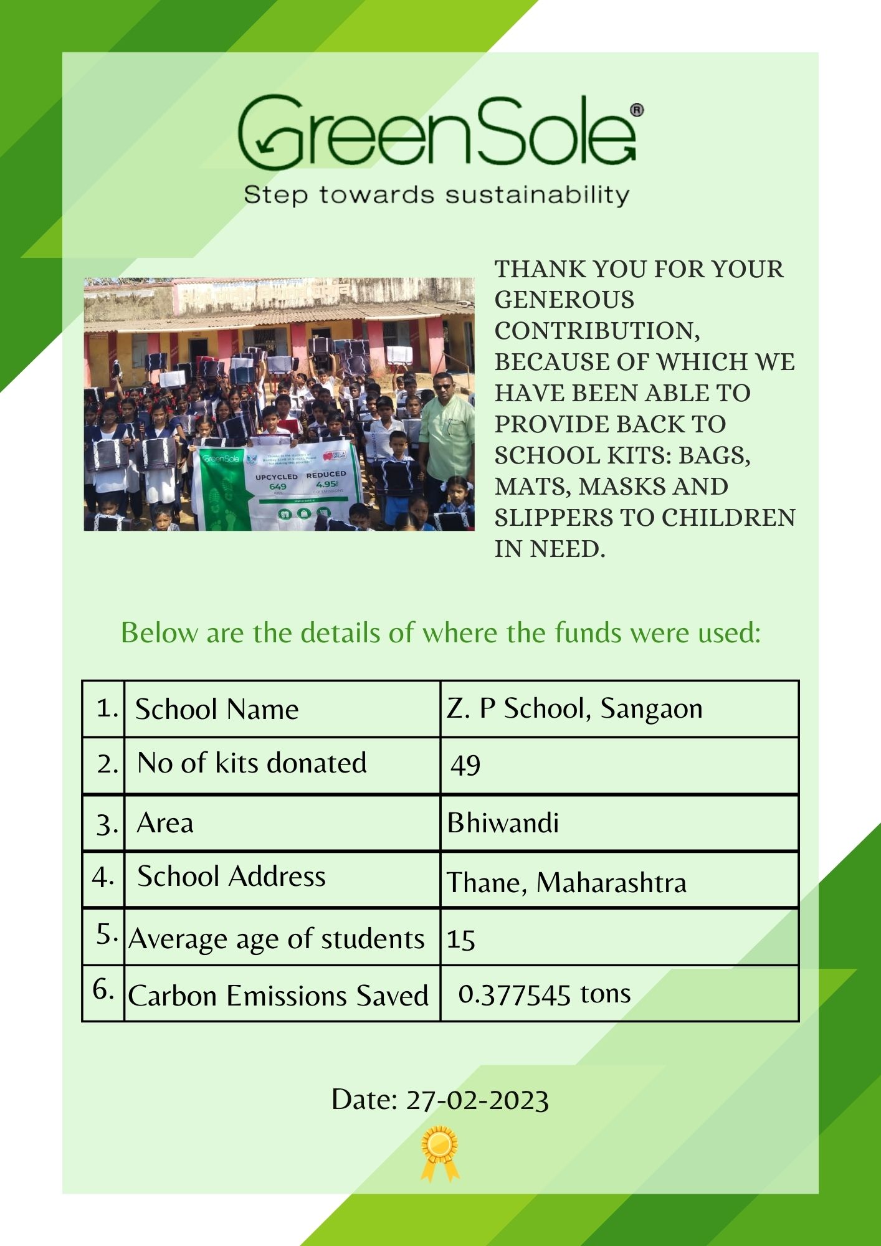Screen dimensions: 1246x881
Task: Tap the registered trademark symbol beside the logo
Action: tap(637, 110)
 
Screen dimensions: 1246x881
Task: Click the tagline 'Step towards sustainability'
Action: tap(436, 195)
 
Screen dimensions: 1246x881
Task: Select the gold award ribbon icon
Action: tap(440, 1153)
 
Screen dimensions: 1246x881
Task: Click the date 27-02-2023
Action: tap(477, 1100)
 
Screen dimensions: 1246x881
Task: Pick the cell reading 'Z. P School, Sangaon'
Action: tap(574, 709)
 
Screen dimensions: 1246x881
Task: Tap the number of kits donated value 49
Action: tap(465, 765)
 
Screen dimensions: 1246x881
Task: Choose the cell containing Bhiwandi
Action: tap(503, 823)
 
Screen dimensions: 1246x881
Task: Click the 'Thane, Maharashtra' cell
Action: tap(566, 882)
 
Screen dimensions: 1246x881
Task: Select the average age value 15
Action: tap(461, 939)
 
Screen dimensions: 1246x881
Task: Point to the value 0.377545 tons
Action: tap(544, 994)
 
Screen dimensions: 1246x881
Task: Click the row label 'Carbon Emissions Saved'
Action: tap(278, 996)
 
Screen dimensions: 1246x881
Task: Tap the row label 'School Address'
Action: tap(231, 877)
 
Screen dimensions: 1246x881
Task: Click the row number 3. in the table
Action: tap(107, 824)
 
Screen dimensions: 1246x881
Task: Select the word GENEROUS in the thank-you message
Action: tap(564, 300)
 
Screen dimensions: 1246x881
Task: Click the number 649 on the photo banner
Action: tap(278, 487)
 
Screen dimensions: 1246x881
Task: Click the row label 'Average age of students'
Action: tap(277, 939)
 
